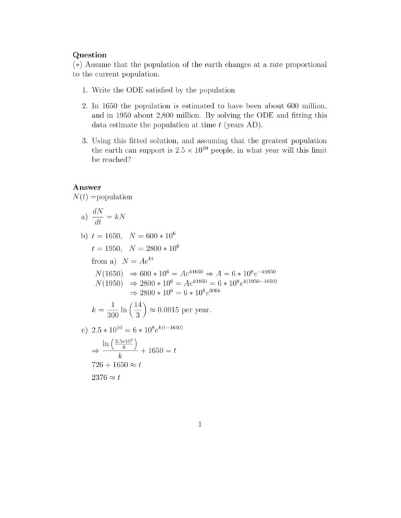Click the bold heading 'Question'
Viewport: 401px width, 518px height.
pos(90,55)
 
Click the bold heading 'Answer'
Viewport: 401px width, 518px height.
pos(87,188)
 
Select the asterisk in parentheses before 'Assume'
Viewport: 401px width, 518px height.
pos(78,65)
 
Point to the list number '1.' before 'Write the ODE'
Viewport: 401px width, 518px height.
pos(85,90)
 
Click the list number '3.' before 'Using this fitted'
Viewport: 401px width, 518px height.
pos(85,141)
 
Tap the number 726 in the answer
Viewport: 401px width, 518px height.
pos(98,365)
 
